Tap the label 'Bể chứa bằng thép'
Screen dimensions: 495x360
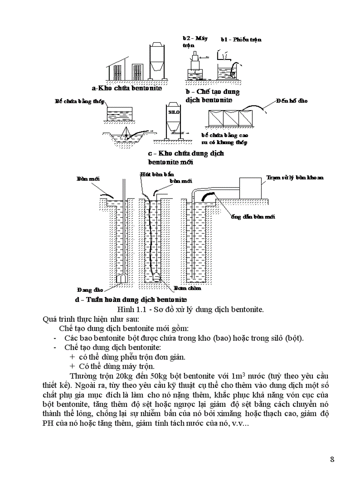point(79,101)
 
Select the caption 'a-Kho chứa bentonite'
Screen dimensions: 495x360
point(127,88)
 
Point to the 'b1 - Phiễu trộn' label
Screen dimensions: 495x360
point(241,39)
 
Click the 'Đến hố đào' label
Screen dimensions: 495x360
point(292,100)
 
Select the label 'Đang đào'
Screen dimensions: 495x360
point(90,290)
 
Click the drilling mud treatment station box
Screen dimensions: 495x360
point(250,187)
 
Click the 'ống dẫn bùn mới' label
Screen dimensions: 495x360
point(253,217)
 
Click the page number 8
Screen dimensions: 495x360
point(332,459)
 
